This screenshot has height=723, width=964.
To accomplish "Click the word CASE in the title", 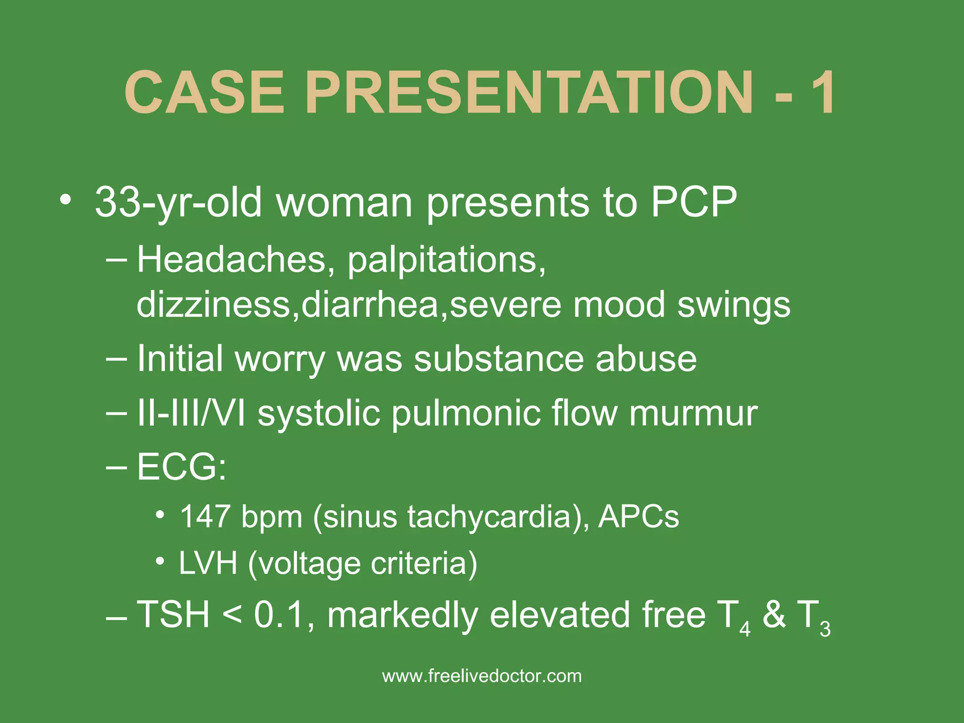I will click(204, 92).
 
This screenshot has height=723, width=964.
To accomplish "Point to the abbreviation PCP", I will click(694, 202).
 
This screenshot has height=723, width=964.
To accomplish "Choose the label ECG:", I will click(182, 467).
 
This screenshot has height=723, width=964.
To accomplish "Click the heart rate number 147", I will click(205, 517).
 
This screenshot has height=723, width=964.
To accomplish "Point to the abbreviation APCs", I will click(638, 517).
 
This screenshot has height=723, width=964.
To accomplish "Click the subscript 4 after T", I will click(745, 629).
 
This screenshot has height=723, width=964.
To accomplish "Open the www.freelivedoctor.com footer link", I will click(482, 676).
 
